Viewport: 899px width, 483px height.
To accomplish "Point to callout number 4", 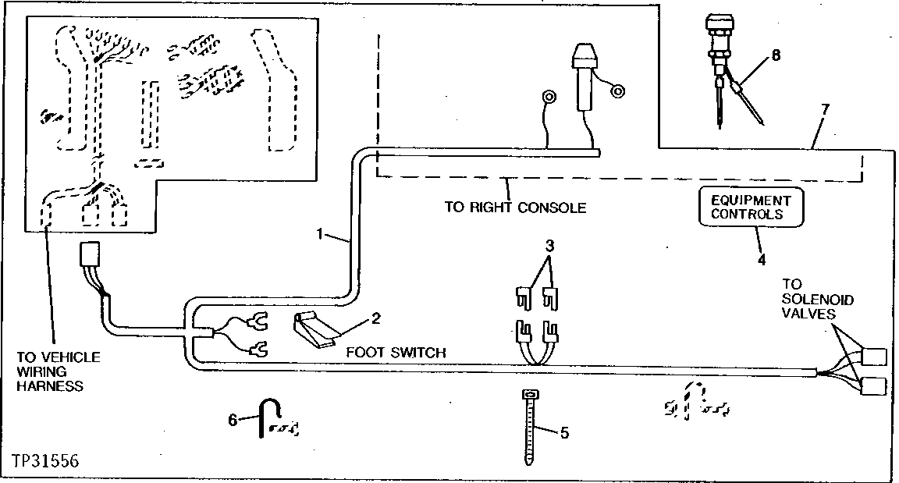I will point(762,258).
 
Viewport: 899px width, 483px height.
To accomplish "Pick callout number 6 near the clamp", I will point(232,419).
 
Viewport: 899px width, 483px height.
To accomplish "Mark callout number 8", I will point(774,55).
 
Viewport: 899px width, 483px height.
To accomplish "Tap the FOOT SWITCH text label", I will point(396,353).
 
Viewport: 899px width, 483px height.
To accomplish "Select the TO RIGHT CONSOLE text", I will point(515,208).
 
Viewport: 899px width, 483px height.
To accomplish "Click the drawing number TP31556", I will point(44,460).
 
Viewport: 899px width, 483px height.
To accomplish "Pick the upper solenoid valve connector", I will point(873,356).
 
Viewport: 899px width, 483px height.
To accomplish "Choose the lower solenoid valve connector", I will point(873,385).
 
